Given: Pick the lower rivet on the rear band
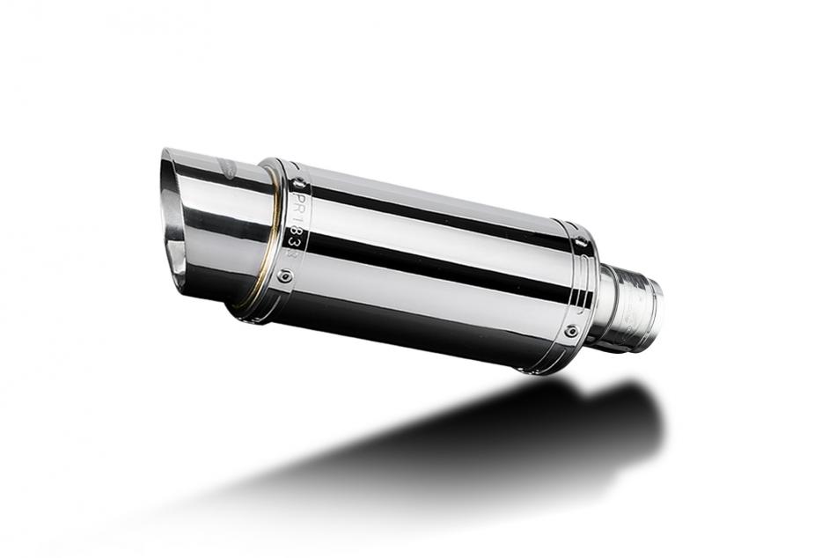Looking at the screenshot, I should point(571,332).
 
